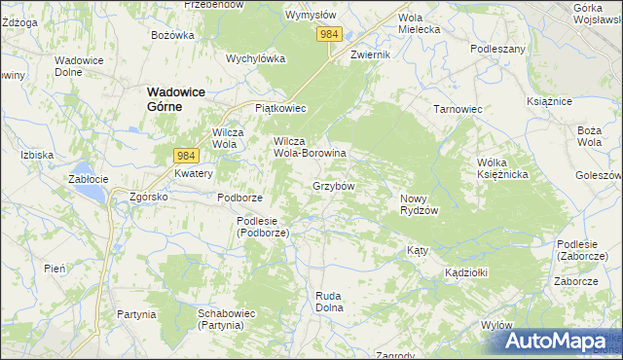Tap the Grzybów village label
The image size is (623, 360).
pyautogui.click(x=333, y=185)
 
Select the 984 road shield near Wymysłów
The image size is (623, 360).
pyautogui.click(x=329, y=34)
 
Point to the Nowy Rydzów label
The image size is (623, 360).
pyautogui.click(x=421, y=204)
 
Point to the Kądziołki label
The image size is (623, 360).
pyautogui.click(x=465, y=272)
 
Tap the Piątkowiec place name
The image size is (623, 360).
pyautogui.click(x=280, y=108)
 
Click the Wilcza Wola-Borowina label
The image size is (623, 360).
pyautogui.click(x=310, y=147)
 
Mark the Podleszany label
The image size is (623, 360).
pyautogui.click(x=497, y=48)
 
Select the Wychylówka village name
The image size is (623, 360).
pyautogui.click(x=255, y=57)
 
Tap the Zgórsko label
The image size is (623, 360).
pyautogui.click(x=149, y=196)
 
